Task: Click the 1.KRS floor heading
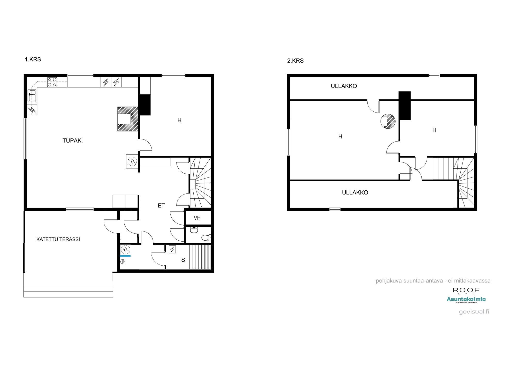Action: pos(33,59)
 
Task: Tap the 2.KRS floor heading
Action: pos(295,61)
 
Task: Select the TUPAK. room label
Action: pos(73,141)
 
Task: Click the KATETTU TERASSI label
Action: pos(58,240)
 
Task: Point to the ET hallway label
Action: pos(161,206)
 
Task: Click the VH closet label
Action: pos(197,218)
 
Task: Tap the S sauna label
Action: pos(183,260)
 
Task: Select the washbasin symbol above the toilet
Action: pos(194,230)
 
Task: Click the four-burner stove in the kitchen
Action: pos(52,82)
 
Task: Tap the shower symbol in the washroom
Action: pos(123,262)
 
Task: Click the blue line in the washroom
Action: pos(125,256)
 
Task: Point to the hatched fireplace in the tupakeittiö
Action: pos(128,119)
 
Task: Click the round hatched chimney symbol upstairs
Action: pos(388,121)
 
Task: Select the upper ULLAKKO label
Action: pos(344,86)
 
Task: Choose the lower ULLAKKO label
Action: pos(355,193)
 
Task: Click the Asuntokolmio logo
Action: pos(466,299)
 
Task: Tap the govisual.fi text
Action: pos(474,312)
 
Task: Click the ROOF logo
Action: pos(466,290)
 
